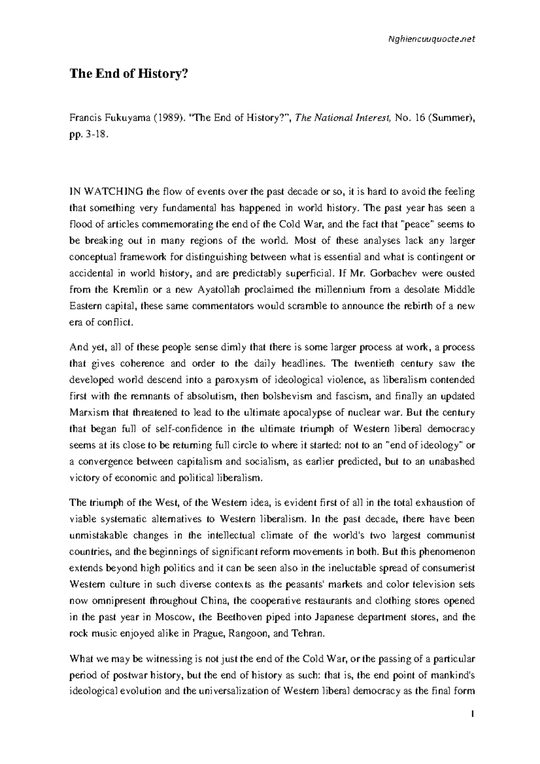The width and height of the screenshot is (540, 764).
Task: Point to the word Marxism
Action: (89, 412)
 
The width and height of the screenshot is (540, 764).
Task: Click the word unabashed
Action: (448, 461)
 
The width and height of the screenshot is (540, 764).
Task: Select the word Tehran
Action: (307, 633)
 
